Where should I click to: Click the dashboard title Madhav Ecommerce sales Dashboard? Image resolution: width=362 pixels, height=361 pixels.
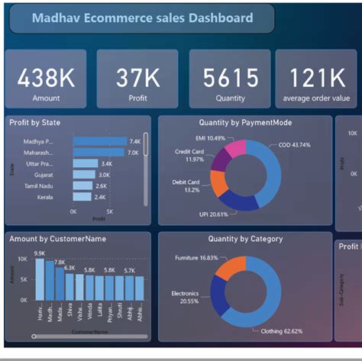[142, 18]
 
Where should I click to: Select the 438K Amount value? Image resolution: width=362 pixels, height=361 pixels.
[47, 78]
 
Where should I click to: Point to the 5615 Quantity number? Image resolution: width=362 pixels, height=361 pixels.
[228, 78]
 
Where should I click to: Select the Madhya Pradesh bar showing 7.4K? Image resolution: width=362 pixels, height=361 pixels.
[100, 141]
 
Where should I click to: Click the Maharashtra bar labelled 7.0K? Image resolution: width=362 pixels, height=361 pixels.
[99, 153]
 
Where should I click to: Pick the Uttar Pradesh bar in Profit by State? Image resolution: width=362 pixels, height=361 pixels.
[86, 163]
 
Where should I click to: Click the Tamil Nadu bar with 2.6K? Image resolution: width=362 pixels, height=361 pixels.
[83, 185]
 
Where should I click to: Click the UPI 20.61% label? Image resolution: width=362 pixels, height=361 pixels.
[215, 214]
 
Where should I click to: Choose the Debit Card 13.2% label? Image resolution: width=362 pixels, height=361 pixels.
[188, 185]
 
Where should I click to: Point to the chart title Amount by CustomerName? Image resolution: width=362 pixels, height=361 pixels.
[57, 239]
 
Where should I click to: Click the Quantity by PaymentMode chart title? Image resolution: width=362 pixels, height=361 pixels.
[245, 122]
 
